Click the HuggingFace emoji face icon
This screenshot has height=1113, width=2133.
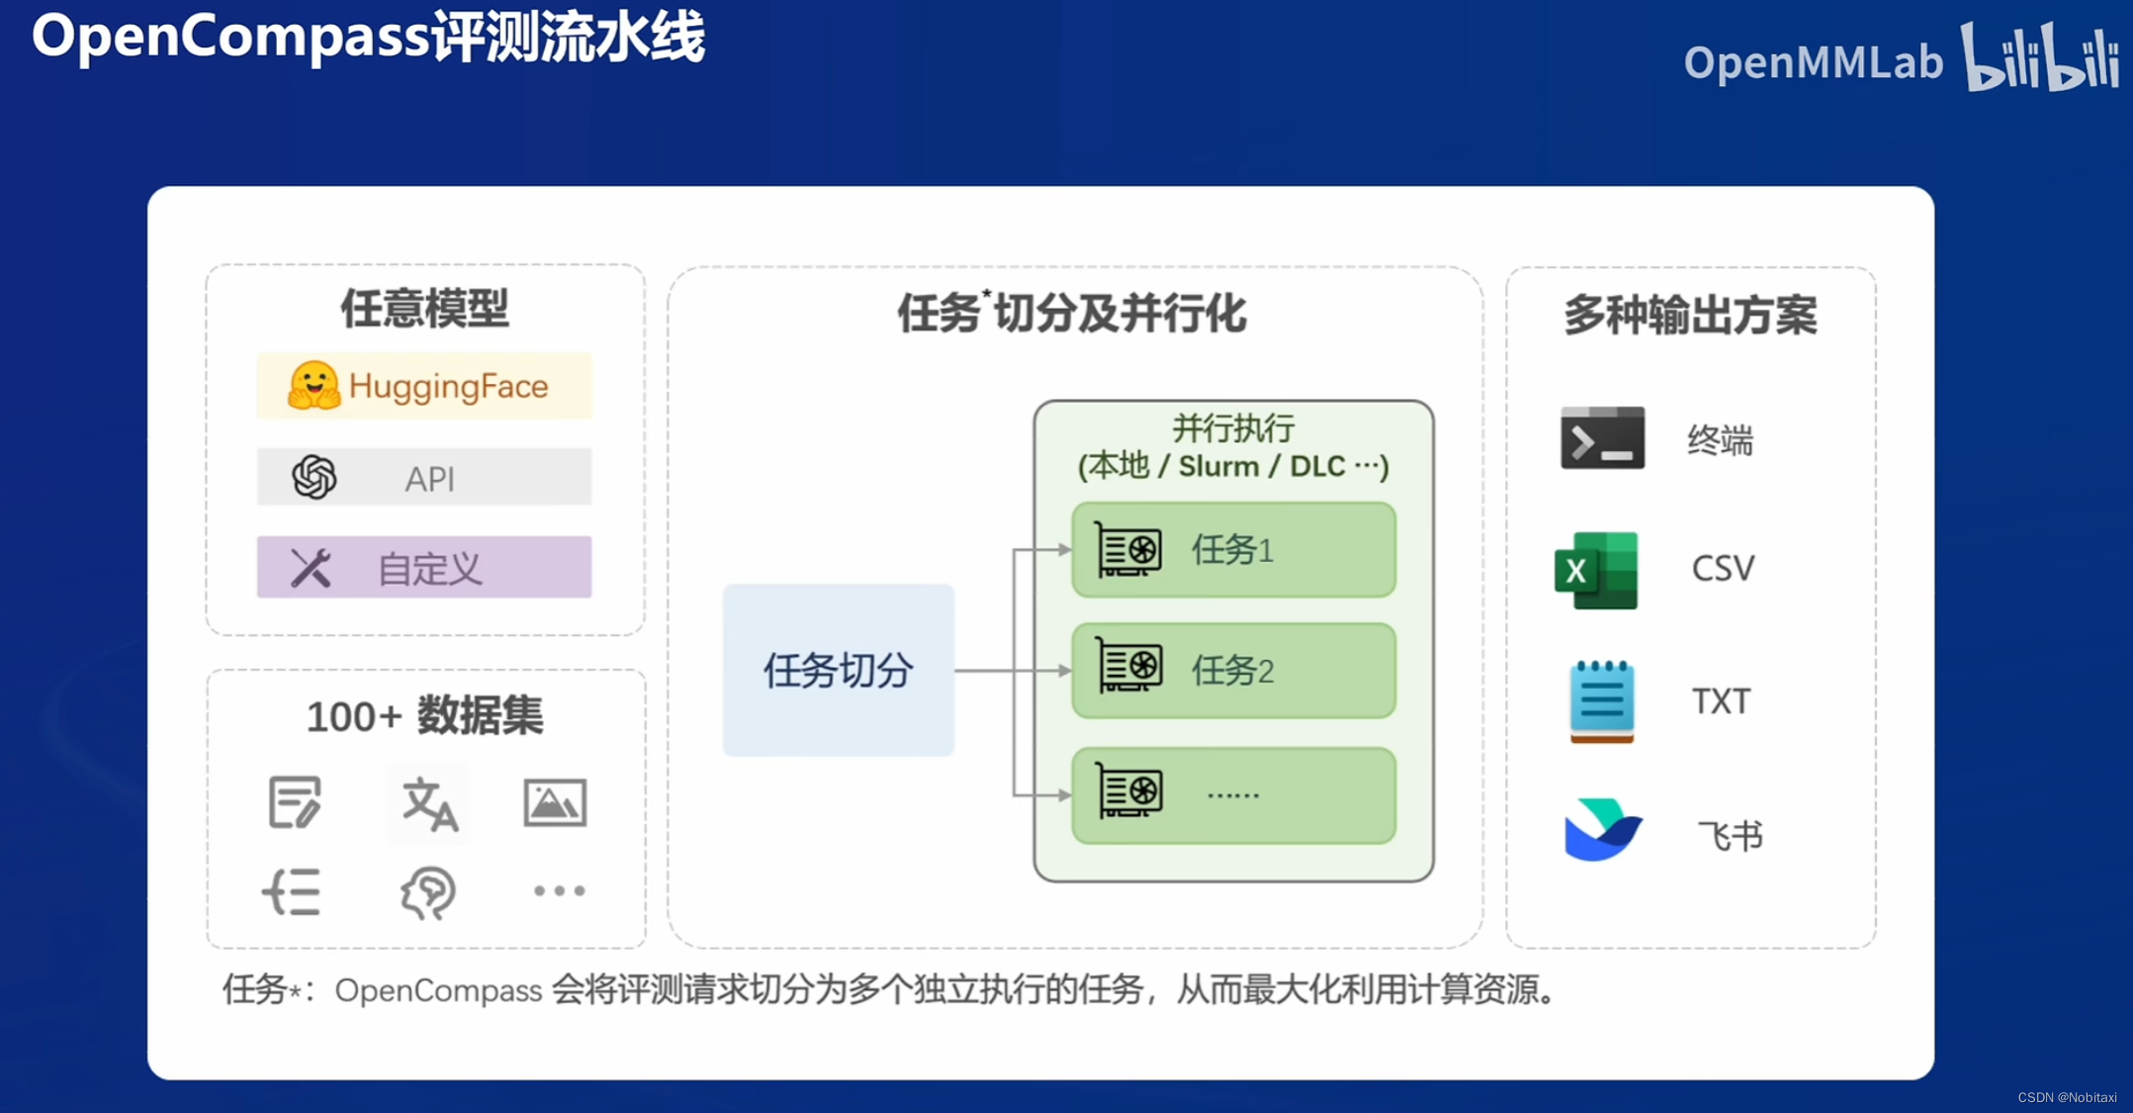[313, 385]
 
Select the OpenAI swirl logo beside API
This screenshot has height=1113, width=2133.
[314, 477]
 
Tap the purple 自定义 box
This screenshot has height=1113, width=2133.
[424, 568]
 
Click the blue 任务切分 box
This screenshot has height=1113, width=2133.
[838, 670]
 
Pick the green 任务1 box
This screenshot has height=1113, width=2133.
[1233, 550]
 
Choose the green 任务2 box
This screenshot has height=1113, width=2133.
[1233, 671]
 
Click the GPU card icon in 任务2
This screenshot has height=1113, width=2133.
[1128, 666]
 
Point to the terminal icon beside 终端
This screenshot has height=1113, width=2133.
[1602, 438]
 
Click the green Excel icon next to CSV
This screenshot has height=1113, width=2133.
[1596, 570]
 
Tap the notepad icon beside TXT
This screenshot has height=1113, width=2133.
[1601, 700]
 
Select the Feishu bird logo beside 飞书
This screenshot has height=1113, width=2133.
[1602, 830]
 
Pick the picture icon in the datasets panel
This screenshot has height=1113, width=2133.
[555, 802]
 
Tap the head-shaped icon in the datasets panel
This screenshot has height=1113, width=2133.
[428, 892]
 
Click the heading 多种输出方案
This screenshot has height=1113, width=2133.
[1690, 316]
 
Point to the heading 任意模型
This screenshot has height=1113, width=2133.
[424, 309]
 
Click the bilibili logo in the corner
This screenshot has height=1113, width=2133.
[2040, 58]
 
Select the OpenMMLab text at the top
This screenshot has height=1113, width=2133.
[1813, 62]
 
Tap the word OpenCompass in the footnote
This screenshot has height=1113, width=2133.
[438, 989]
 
